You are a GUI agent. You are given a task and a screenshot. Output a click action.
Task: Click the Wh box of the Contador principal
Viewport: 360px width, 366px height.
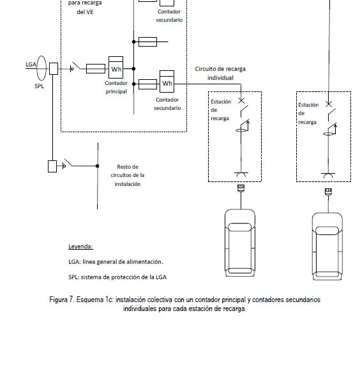click(x=116, y=67)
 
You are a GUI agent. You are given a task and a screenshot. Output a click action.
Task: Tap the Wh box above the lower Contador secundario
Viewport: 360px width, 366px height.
click(x=167, y=81)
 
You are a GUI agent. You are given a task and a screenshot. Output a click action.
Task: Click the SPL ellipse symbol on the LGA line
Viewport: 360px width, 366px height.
click(x=41, y=68)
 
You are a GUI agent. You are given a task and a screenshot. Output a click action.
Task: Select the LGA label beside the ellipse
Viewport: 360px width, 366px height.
click(x=31, y=65)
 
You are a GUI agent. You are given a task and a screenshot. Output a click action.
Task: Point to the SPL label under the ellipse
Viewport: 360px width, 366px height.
click(x=39, y=86)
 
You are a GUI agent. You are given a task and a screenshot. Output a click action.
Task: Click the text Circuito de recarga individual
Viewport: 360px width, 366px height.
click(x=220, y=73)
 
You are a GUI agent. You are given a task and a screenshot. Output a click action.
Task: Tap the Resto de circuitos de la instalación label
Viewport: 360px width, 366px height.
click(x=128, y=175)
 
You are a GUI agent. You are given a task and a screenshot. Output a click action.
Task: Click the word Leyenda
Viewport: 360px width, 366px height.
click(x=80, y=247)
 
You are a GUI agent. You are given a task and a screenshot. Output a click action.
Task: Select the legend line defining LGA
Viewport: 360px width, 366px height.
click(x=116, y=262)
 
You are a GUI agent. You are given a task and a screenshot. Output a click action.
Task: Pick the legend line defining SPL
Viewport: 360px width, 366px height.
click(x=117, y=277)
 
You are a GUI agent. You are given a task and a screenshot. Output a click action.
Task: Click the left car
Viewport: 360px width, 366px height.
click(x=240, y=243)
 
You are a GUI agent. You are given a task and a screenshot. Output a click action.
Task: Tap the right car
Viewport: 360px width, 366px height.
click(x=327, y=247)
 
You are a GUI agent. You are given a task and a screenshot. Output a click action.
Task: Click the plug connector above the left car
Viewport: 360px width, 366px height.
click(x=241, y=188)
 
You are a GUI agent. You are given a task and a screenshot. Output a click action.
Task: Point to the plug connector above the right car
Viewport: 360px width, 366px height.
click(x=329, y=192)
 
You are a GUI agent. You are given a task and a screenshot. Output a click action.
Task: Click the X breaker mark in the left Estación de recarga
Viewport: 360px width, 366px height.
click(x=241, y=101)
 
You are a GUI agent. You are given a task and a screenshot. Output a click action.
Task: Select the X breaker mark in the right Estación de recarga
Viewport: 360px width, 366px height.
click(x=329, y=104)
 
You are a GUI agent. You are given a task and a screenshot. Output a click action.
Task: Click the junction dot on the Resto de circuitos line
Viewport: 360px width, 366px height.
click(x=97, y=166)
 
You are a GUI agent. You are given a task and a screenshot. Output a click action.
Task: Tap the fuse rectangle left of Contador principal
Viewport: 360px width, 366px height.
click(x=96, y=69)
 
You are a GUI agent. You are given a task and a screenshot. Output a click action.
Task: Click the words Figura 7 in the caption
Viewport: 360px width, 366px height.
click(x=62, y=300)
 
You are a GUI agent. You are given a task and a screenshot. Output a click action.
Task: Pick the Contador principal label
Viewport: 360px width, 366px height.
click(x=116, y=88)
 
